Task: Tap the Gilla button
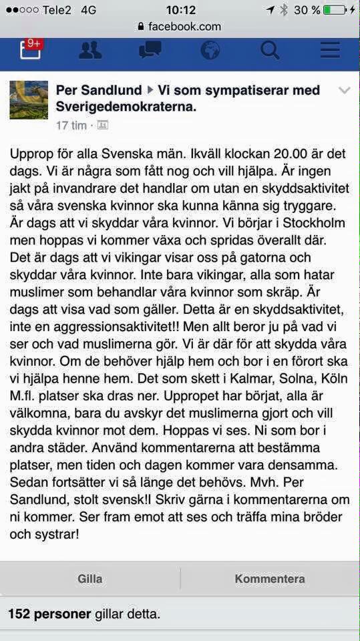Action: point(89,579)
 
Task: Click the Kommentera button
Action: point(269,579)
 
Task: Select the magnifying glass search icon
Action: point(270,51)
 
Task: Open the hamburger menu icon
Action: point(330,51)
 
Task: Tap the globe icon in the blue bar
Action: point(210,51)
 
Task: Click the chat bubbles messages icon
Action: point(150,51)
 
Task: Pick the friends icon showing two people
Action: point(90,51)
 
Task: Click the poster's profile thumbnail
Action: point(29,100)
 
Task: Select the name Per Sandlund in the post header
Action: point(99,90)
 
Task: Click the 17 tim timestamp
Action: point(71,126)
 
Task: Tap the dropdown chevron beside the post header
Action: point(344,91)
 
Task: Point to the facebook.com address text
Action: point(184,27)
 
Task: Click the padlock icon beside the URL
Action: point(140,27)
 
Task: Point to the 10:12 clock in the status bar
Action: point(180,9)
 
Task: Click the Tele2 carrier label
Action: point(57,9)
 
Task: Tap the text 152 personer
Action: point(49,614)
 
